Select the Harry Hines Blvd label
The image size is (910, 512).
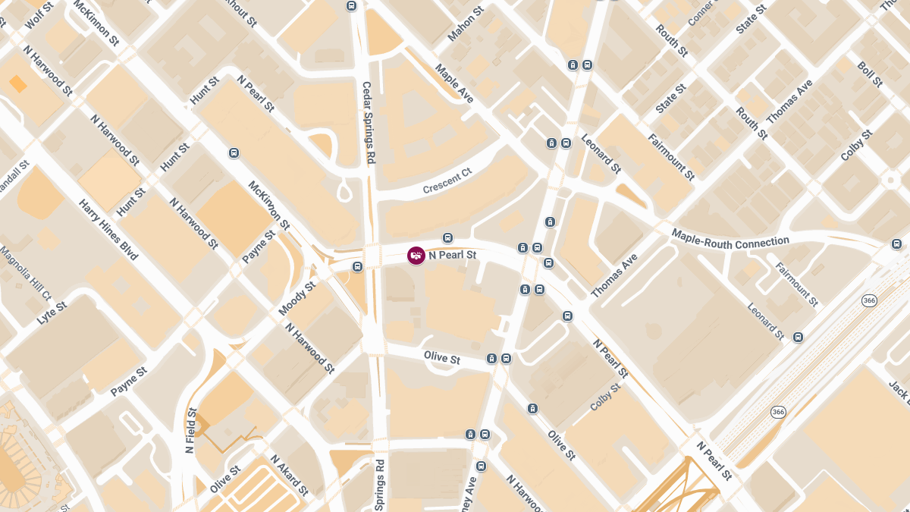point(109,230)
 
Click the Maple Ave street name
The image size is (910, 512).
point(454,83)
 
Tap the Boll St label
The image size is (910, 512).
point(870,74)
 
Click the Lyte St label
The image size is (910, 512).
point(52,314)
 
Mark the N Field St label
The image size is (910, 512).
point(191,431)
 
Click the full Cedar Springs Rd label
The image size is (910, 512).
point(369,123)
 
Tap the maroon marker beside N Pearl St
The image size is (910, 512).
point(416,256)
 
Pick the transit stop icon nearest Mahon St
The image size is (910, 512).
point(351,6)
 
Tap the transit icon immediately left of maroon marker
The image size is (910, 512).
point(357,266)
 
